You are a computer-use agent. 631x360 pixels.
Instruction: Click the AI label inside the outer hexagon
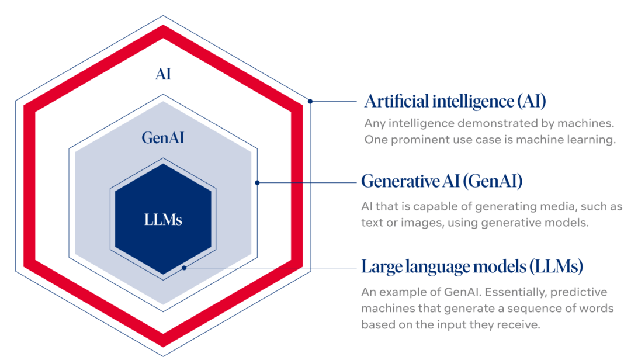tap(163, 74)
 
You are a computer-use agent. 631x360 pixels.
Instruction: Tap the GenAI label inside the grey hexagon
tap(163, 138)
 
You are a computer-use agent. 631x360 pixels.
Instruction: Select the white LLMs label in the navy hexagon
tap(163, 220)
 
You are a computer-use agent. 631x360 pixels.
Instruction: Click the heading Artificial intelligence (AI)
tap(455, 101)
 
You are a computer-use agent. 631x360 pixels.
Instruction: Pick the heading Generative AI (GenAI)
tap(442, 181)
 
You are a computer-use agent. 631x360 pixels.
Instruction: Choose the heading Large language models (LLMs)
tap(472, 267)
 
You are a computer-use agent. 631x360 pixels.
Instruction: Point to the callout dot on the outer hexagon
tap(311, 101)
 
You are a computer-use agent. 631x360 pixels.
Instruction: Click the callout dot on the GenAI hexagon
tap(258, 182)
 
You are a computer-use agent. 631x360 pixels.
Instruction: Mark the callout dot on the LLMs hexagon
tap(184, 268)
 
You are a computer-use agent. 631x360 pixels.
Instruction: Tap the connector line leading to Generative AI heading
tap(307, 182)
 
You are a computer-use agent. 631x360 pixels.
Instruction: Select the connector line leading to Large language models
tap(269, 268)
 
